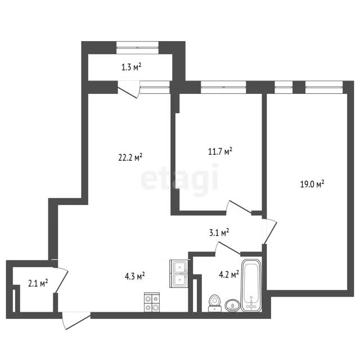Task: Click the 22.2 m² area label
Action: [x=130, y=157]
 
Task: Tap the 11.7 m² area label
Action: [x=220, y=151]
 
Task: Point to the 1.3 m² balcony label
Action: [x=131, y=67]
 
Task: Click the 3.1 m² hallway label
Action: [x=219, y=233]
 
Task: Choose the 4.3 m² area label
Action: [x=135, y=276]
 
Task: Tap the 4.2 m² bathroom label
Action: [x=229, y=274]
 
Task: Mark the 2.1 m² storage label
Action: [x=38, y=283]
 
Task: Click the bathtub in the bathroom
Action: [x=251, y=285]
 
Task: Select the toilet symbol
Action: [x=214, y=303]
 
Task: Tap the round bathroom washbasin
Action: [x=232, y=305]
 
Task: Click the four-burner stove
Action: [x=152, y=303]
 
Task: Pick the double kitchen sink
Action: [x=179, y=273]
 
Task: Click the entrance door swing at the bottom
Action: [x=76, y=321]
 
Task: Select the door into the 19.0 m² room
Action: [x=269, y=231]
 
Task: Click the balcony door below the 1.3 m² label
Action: [x=129, y=89]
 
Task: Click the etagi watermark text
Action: [x=179, y=179]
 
